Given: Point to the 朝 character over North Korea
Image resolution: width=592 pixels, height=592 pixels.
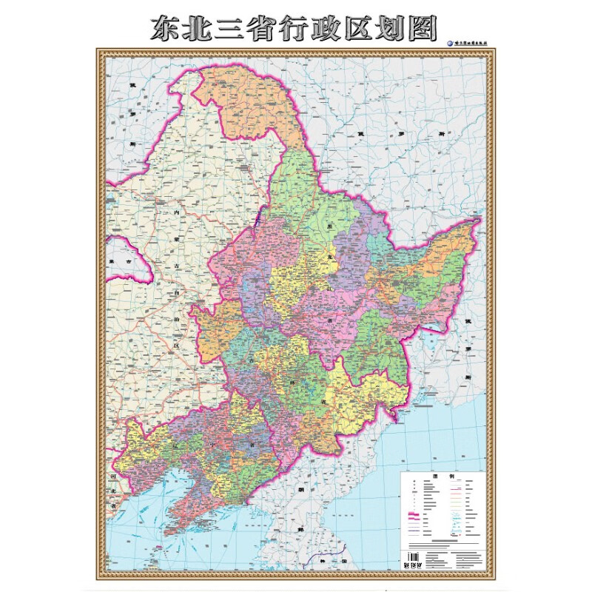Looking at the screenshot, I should (302, 490).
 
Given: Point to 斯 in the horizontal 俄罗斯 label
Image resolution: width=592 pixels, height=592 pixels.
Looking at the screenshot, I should (439, 133).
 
